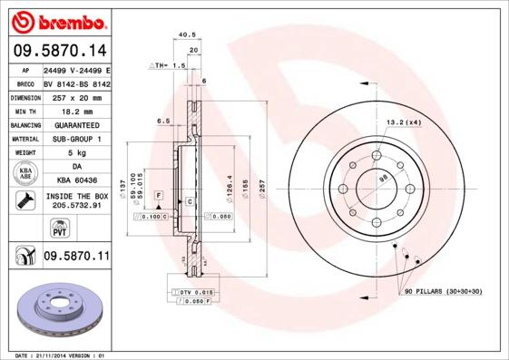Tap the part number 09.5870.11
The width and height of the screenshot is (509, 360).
(76, 257)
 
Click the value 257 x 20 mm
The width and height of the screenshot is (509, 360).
(76, 95)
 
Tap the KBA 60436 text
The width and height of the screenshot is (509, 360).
(76, 180)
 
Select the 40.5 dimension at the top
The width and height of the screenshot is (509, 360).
(188, 35)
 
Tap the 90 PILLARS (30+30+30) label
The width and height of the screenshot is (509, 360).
(444, 291)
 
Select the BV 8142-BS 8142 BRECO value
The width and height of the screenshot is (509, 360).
(76, 82)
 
